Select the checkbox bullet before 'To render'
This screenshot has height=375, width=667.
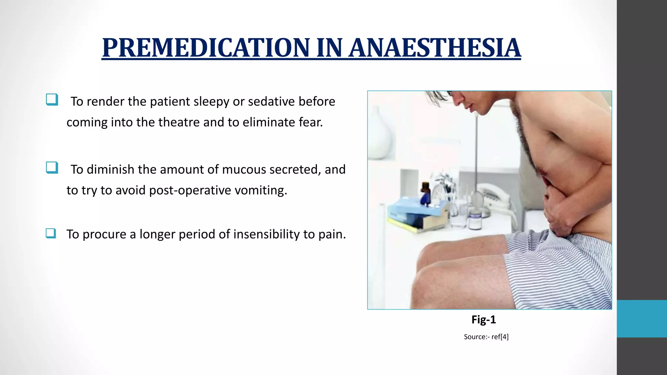[x=52, y=100]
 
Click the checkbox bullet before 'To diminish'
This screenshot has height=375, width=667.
[x=52, y=168]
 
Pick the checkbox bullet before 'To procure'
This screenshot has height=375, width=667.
[x=51, y=233]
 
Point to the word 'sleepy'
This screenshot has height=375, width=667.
[x=211, y=102]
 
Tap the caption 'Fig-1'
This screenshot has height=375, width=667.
[x=484, y=320]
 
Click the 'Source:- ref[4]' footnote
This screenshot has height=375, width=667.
[x=486, y=337]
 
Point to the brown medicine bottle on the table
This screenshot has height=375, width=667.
[x=425, y=193]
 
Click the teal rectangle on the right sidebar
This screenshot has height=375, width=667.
[x=642, y=319]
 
